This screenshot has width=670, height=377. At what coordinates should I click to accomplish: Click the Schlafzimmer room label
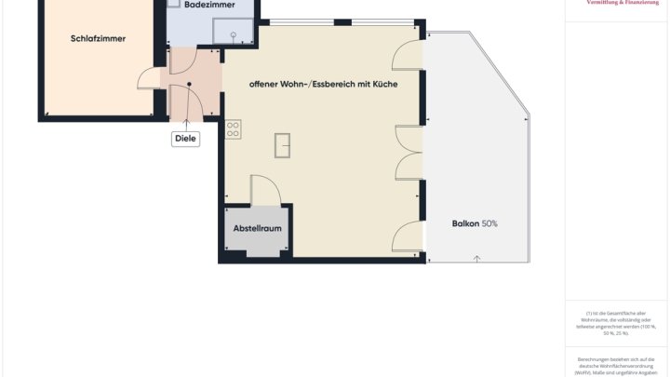(x=98, y=38)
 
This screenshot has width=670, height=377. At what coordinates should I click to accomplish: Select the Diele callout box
(x=186, y=139)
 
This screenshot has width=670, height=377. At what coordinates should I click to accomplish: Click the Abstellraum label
(x=257, y=227)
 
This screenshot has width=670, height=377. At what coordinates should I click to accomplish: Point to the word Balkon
(x=465, y=223)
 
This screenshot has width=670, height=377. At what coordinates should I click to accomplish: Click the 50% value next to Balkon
(x=489, y=223)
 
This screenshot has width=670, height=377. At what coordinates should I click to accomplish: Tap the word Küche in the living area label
(x=384, y=85)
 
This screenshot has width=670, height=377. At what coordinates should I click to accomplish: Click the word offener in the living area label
(x=265, y=85)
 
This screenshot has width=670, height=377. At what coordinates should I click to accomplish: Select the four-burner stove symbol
(x=233, y=129)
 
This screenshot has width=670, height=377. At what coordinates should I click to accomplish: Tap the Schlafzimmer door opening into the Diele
(x=152, y=78)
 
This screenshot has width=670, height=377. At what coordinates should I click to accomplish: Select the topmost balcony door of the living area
(x=409, y=56)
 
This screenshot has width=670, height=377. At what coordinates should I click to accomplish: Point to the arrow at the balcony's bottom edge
(x=476, y=258)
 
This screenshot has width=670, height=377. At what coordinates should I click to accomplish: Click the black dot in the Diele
(x=189, y=85)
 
